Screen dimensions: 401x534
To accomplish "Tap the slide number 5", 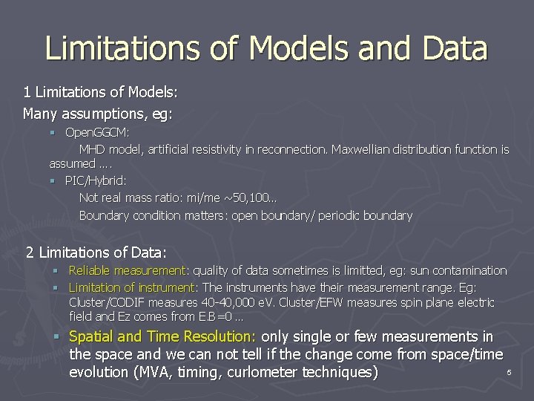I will (x=509, y=371).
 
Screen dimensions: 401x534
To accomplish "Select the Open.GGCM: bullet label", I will (x=97, y=132).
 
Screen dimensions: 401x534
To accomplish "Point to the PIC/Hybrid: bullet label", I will (x=96, y=180).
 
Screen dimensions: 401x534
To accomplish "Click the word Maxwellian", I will (x=363, y=149).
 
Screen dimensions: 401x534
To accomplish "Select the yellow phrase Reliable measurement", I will (x=127, y=270).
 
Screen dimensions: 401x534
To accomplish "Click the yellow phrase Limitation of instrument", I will (x=131, y=287).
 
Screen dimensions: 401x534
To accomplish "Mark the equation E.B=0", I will (x=202, y=317).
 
